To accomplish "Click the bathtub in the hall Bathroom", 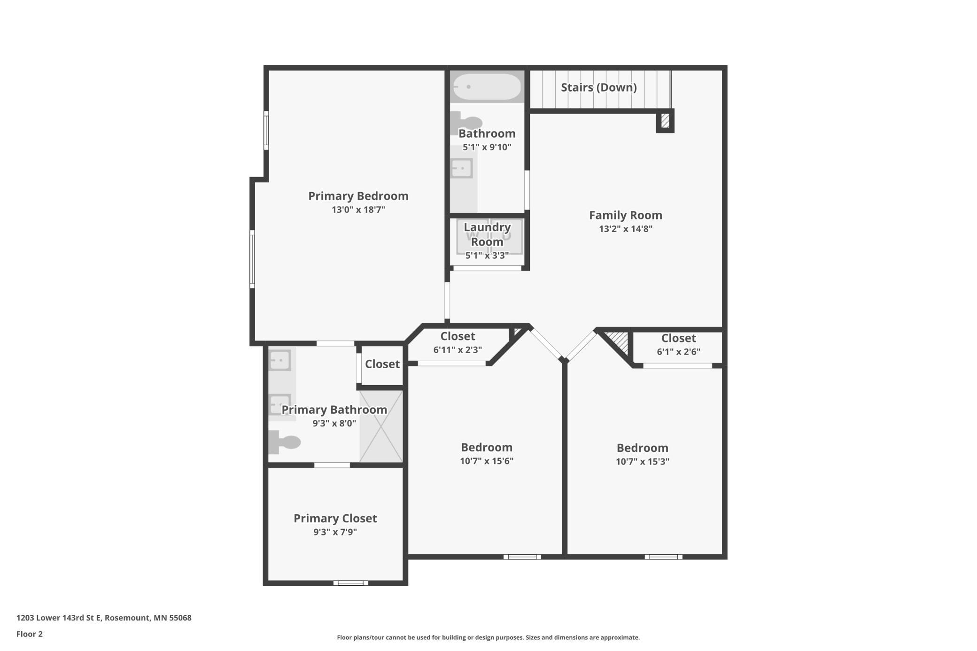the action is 487,86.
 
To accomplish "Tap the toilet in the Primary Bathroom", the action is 284,442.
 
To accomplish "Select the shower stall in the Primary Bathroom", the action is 381,426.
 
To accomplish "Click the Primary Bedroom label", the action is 358,196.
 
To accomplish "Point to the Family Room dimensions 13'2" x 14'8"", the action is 626,229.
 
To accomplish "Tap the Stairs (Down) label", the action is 599,87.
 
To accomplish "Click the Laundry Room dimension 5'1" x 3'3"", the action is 487,256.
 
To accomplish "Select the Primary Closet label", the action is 335,518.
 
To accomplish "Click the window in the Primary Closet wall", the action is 351,583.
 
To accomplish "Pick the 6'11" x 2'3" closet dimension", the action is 457,350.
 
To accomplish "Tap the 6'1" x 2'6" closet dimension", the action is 679,352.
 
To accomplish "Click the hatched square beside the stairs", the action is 665,121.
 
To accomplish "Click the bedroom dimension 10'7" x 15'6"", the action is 487,461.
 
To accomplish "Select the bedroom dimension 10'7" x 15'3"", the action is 643,461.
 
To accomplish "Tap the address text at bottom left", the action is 104,618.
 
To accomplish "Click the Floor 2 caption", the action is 30,634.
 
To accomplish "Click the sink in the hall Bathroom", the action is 462,168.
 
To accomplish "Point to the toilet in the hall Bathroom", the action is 465,123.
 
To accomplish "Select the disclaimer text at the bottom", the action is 488,637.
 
